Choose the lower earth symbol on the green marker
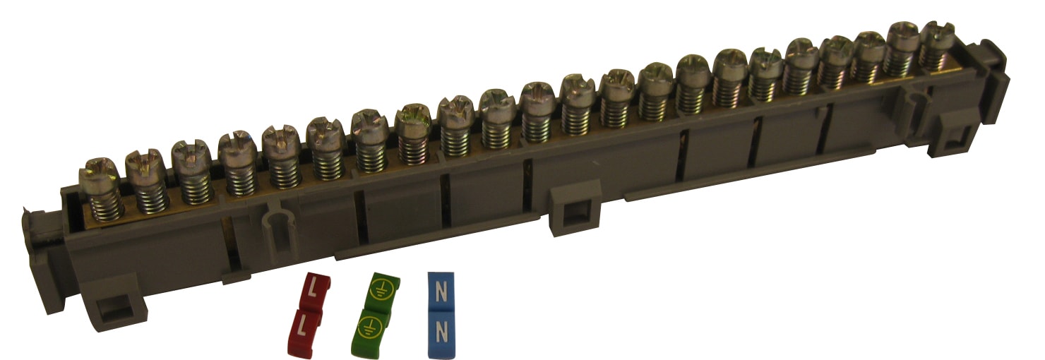[x=371, y=325]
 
